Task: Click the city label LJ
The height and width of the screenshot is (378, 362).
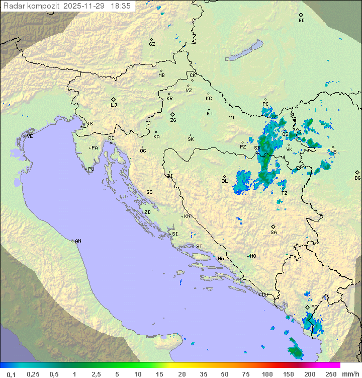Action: point(114,105)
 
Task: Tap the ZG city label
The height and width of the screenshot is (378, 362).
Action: point(173,120)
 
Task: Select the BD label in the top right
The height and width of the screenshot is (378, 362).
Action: point(301,21)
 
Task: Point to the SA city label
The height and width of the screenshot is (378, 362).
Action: point(274,232)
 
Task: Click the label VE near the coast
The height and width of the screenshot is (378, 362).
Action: point(30,136)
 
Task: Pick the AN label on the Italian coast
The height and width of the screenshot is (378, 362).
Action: point(78,241)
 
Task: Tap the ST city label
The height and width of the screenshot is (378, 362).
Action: point(199,247)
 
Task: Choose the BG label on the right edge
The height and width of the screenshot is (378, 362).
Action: point(357,178)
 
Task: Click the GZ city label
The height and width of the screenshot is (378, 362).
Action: point(152,44)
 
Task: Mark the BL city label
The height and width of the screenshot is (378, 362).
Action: point(225,181)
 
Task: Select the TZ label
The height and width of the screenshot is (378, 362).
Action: point(284,193)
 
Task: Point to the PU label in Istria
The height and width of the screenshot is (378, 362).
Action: point(91,169)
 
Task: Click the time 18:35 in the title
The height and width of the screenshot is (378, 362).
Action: point(121,6)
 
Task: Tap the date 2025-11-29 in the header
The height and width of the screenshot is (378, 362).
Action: point(85,6)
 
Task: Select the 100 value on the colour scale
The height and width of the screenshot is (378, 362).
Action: point(267,374)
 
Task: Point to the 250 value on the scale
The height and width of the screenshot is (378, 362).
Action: point(331,374)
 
